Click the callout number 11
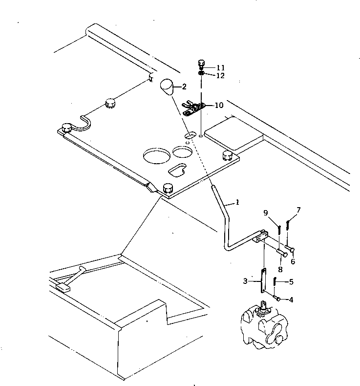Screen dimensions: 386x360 pos(221,67)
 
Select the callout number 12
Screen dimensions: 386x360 pos(221,75)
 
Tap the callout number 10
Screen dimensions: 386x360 pos(218,105)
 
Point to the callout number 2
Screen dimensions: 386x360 pos(184,87)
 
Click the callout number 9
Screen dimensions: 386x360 pos(266,213)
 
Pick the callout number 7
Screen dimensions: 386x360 pos(298,210)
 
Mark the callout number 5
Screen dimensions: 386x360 pos(291,281)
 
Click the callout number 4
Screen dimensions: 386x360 pos(291,300)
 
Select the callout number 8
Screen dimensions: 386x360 pos(280,268)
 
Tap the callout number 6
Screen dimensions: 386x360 pos(293,261)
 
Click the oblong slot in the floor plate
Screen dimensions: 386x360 pos(177,170)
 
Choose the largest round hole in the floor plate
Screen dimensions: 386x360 pos(155,157)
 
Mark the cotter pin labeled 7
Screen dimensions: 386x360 pos(289,225)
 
